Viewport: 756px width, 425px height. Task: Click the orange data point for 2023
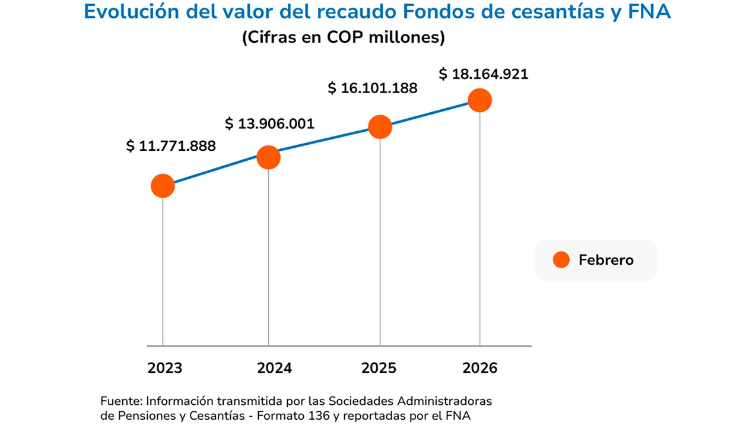pos(163,186)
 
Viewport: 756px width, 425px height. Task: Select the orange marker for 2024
pos(268,157)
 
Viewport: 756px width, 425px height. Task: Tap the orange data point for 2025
pos(380,127)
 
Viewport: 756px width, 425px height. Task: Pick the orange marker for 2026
pos(479,100)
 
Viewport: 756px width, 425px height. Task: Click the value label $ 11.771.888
pos(171,146)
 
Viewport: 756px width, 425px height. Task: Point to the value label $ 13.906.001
pos(269,123)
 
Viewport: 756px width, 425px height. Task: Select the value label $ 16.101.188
pos(373,88)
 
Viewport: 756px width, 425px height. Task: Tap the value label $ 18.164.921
pos(483,75)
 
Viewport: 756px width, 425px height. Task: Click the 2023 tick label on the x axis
pos(165,368)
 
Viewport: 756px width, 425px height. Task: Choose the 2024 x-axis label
pos(274,368)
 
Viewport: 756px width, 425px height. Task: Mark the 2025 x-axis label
pos(379,368)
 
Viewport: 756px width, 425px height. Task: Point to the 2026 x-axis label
pos(479,368)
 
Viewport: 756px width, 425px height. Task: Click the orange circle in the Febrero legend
pos(561,260)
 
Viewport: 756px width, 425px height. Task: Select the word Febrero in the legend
pos(606,260)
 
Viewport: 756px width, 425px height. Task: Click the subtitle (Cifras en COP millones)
pos(343,38)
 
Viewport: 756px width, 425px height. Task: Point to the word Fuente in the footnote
pos(120,400)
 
